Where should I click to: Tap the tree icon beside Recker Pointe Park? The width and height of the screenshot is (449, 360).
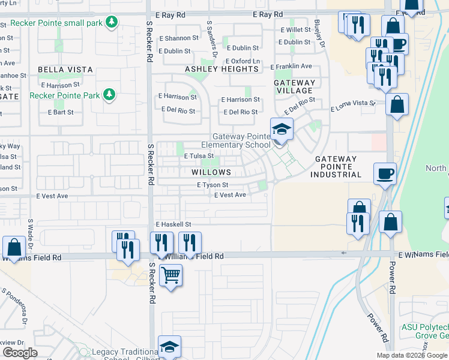tap(109, 95)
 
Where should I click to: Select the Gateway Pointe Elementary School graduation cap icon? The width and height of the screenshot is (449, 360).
tap(281, 129)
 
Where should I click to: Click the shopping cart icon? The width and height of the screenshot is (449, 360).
tap(171, 275)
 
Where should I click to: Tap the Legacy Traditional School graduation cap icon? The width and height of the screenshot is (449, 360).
tap(169, 346)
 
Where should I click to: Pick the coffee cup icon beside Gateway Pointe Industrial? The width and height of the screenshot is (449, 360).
tap(385, 173)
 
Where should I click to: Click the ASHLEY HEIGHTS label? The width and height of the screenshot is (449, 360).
tap(221, 69)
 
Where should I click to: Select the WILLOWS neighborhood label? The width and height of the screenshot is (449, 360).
tap(211, 172)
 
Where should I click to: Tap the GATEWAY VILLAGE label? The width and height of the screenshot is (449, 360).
tap(294, 86)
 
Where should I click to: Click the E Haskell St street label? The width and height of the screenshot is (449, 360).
tap(173, 224)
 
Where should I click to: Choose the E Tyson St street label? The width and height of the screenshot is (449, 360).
tap(212, 185)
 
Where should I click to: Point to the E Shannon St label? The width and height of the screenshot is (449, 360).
tap(179, 38)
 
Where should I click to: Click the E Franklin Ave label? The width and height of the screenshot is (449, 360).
tap(291, 66)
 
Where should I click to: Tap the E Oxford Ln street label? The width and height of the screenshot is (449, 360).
tap(243, 61)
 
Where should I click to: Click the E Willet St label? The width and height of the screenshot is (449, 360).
tap(295, 29)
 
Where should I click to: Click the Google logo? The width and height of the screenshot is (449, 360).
tap(20, 353)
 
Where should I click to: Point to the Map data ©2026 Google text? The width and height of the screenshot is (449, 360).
tap(411, 355)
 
